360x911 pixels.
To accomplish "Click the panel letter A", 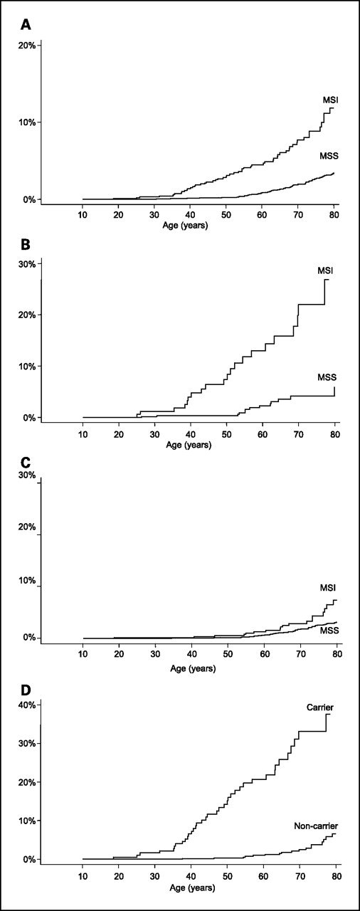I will tap(26, 25).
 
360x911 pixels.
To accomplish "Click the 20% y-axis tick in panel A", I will tap(27, 46).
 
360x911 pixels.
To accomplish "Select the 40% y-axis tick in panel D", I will tap(27, 705).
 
